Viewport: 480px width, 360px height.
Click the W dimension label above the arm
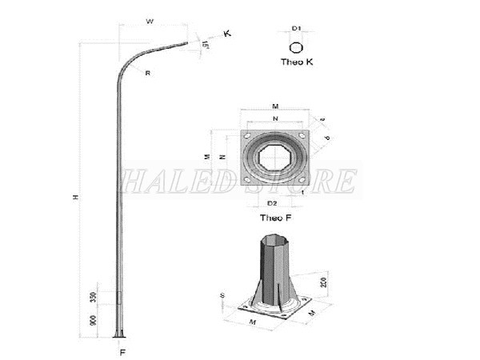[x=149, y=22]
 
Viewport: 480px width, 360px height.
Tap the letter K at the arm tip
[x=227, y=34]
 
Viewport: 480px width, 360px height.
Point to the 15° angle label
[x=206, y=45]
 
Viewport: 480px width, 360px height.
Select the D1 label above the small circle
[x=296, y=28]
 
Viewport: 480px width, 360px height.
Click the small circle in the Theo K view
[x=296, y=46]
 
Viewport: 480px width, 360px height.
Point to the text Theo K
[x=297, y=62]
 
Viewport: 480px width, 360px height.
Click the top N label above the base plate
[x=274, y=119]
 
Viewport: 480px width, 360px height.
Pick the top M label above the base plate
[x=274, y=105]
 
